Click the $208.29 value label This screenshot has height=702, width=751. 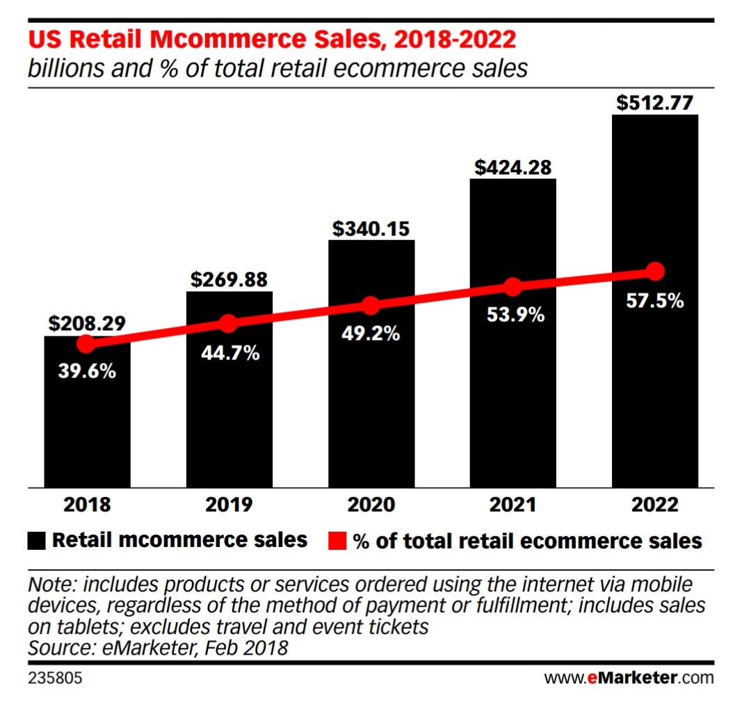coord(87,323)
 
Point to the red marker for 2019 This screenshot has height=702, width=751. coord(229,323)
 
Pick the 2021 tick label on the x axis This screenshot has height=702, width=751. coord(512,505)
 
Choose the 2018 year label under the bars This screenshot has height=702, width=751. coord(87,505)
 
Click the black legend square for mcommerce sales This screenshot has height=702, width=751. coord(38,541)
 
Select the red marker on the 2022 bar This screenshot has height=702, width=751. coord(654,270)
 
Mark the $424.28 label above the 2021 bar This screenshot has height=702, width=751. coord(512,168)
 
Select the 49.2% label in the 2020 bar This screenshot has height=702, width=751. coord(371,334)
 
